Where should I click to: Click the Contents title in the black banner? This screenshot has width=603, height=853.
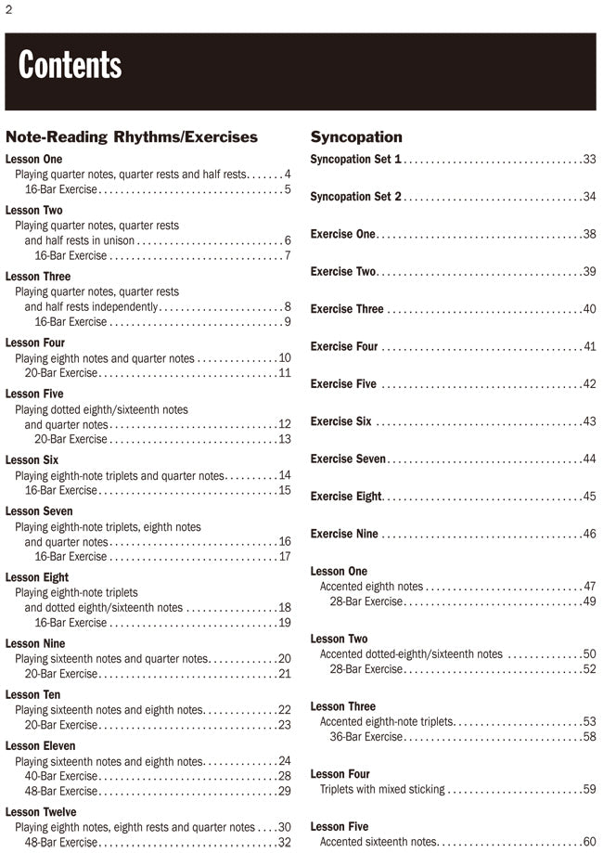pyautogui.click(x=70, y=66)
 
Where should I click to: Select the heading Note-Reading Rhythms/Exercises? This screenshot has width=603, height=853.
pyautogui.click(x=132, y=137)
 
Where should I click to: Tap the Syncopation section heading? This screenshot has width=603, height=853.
pyautogui.click(x=356, y=137)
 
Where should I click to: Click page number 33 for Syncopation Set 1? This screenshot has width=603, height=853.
pyautogui.click(x=589, y=160)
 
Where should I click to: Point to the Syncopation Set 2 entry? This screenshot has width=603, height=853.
pyautogui.click(x=355, y=197)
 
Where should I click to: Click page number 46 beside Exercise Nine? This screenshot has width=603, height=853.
pyautogui.click(x=589, y=535)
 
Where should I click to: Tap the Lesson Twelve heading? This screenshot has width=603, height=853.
pyautogui.click(x=41, y=812)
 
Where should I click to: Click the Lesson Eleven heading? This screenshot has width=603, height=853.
pyautogui.click(x=40, y=746)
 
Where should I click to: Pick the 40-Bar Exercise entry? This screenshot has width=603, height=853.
pyautogui.click(x=61, y=776)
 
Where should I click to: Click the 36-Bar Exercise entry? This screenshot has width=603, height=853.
pyautogui.click(x=366, y=737)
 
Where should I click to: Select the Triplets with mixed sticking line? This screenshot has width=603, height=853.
pyautogui.click(x=382, y=790)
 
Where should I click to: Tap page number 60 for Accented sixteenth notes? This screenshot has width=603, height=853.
pyautogui.click(x=589, y=842)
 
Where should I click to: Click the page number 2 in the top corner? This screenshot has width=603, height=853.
pyautogui.click(x=8, y=10)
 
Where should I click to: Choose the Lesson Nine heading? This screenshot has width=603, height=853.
pyautogui.click(x=35, y=643)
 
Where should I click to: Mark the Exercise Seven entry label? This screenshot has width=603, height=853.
pyautogui.click(x=349, y=459)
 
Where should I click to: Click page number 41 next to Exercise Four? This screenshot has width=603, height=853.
pyautogui.click(x=589, y=347)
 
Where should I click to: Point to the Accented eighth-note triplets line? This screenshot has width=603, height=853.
pyautogui.click(x=386, y=722)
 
